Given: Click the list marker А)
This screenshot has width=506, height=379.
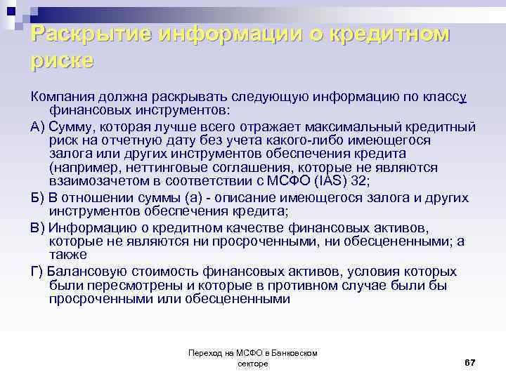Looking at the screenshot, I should (x=39, y=127).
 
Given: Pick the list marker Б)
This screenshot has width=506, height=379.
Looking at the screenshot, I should (x=39, y=199).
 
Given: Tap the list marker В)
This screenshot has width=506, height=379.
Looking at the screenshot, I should (x=39, y=227).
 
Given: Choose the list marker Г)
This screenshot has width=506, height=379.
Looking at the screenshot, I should (x=38, y=271).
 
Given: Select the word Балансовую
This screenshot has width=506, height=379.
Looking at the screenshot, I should (x=86, y=271).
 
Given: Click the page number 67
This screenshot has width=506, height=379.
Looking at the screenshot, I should (x=470, y=361).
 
